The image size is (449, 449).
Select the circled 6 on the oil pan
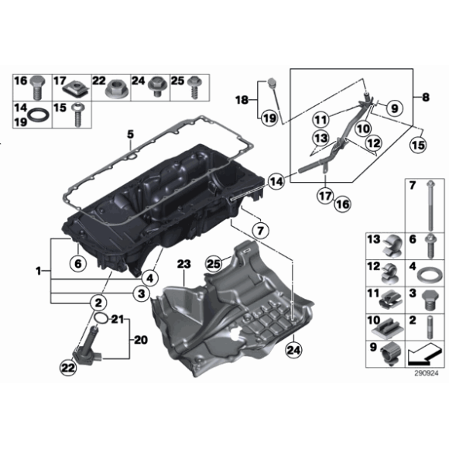[x=77, y=263]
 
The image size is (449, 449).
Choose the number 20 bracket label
[x=140, y=339]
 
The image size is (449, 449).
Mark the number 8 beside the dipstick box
[x=425, y=98]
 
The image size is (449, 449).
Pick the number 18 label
[x=242, y=100]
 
